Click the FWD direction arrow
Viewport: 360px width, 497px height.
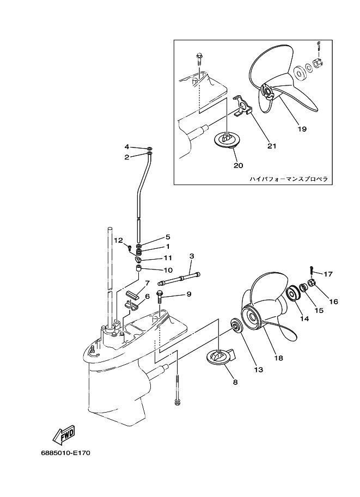tap(64, 434)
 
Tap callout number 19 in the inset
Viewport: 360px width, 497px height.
tap(302, 129)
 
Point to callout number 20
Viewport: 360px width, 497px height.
tap(238, 165)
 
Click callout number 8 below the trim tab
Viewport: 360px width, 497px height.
tap(235, 382)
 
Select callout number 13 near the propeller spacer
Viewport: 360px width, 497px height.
tap(258, 370)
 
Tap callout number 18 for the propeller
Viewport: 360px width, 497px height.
tap(278, 358)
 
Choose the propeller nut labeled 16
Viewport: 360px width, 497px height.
tap(313, 283)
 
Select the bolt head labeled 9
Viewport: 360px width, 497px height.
tap(160, 294)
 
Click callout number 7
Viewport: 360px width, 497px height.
tap(147, 283)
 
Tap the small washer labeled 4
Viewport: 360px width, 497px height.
tap(149, 148)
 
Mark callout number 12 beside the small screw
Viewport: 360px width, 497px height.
tap(118, 240)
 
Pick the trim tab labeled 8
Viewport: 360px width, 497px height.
tap(220, 358)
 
